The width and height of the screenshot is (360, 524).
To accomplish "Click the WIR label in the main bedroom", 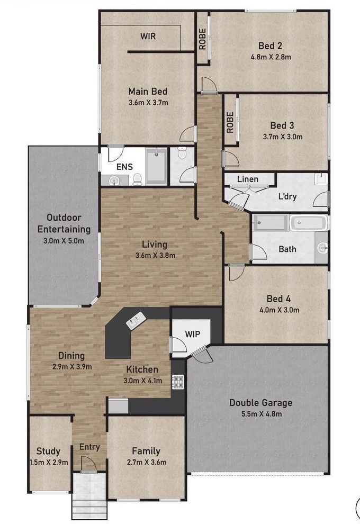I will pos(148,36).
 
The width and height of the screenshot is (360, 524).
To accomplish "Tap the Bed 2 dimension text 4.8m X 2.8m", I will pos(271,56).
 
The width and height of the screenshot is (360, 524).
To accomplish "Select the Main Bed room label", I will pos(148,92).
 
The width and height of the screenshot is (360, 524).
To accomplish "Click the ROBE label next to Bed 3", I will pos(230,122).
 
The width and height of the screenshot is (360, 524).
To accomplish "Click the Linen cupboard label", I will pos(247,179).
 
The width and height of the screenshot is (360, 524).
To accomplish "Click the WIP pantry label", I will pos(192,334).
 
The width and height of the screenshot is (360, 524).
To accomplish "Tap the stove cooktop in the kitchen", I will pos(177,382).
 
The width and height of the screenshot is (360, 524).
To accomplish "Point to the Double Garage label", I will pos(260,403).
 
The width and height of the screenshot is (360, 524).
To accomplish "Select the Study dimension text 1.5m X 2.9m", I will pos(48,462).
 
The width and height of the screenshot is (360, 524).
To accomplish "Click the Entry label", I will pos(89,447).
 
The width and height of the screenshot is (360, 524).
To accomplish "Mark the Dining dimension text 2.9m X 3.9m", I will pos(71,366).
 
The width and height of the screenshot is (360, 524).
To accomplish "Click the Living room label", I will pos(155,245).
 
